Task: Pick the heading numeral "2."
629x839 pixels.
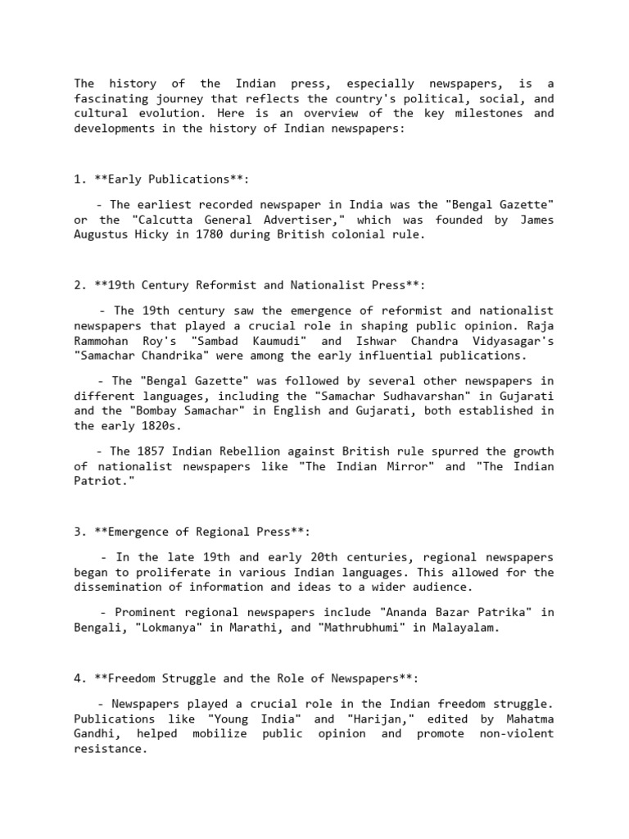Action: pyautogui.click(x=80, y=284)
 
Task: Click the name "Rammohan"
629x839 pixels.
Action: pyautogui.click(x=101, y=341)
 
